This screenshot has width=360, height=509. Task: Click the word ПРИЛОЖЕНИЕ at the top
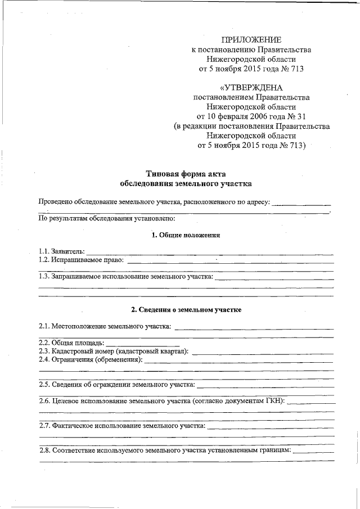tap(251, 39)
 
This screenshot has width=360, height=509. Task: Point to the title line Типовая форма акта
tap(186, 173)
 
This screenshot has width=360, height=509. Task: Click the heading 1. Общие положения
tap(186, 235)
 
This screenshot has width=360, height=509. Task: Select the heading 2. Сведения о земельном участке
tap(186, 310)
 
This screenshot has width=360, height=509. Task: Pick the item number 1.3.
tap(44, 277)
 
